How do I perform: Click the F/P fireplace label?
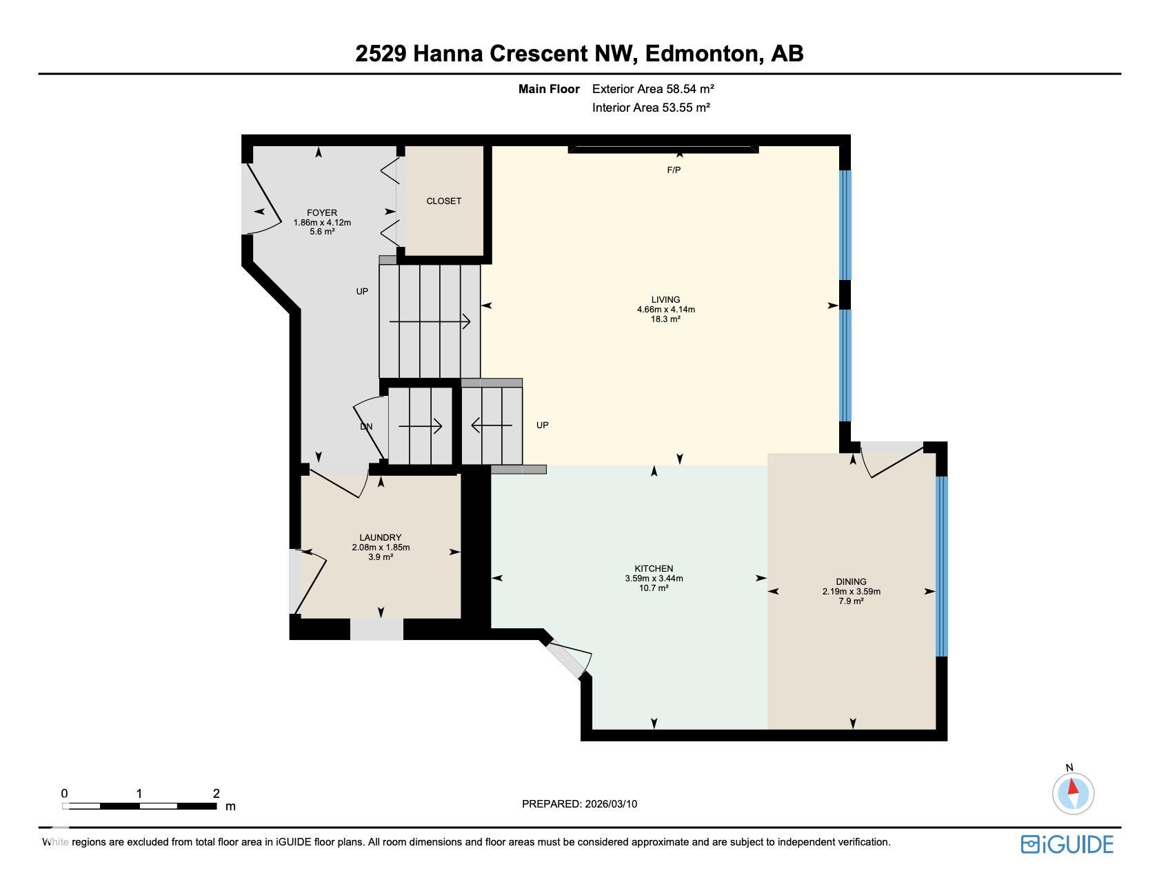point(674,170)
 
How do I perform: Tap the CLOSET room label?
point(443,201)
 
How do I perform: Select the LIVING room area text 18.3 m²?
point(665,319)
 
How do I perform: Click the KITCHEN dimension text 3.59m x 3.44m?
point(654,579)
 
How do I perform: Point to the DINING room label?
point(851,581)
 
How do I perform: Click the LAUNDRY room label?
point(380,537)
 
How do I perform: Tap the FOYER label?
point(322,212)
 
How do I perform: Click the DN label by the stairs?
point(366,427)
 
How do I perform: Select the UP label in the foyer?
point(362,291)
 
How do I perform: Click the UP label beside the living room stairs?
point(543,425)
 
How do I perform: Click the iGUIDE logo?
point(1067,844)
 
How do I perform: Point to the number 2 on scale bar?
point(217,794)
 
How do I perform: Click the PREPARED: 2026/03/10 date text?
point(579,803)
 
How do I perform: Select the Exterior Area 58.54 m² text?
point(652,89)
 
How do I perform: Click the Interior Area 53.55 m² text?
point(651,108)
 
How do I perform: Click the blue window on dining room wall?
point(941,565)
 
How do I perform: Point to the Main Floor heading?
point(549,89)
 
